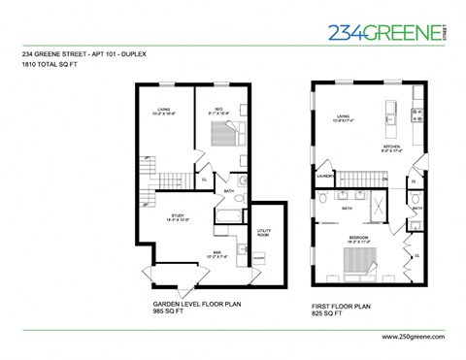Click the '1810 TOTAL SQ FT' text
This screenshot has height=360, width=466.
click(x=50, y=62)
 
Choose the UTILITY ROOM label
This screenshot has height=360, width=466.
click(x=262, y=232)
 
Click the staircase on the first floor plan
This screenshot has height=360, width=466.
click(x=354, y=178)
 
